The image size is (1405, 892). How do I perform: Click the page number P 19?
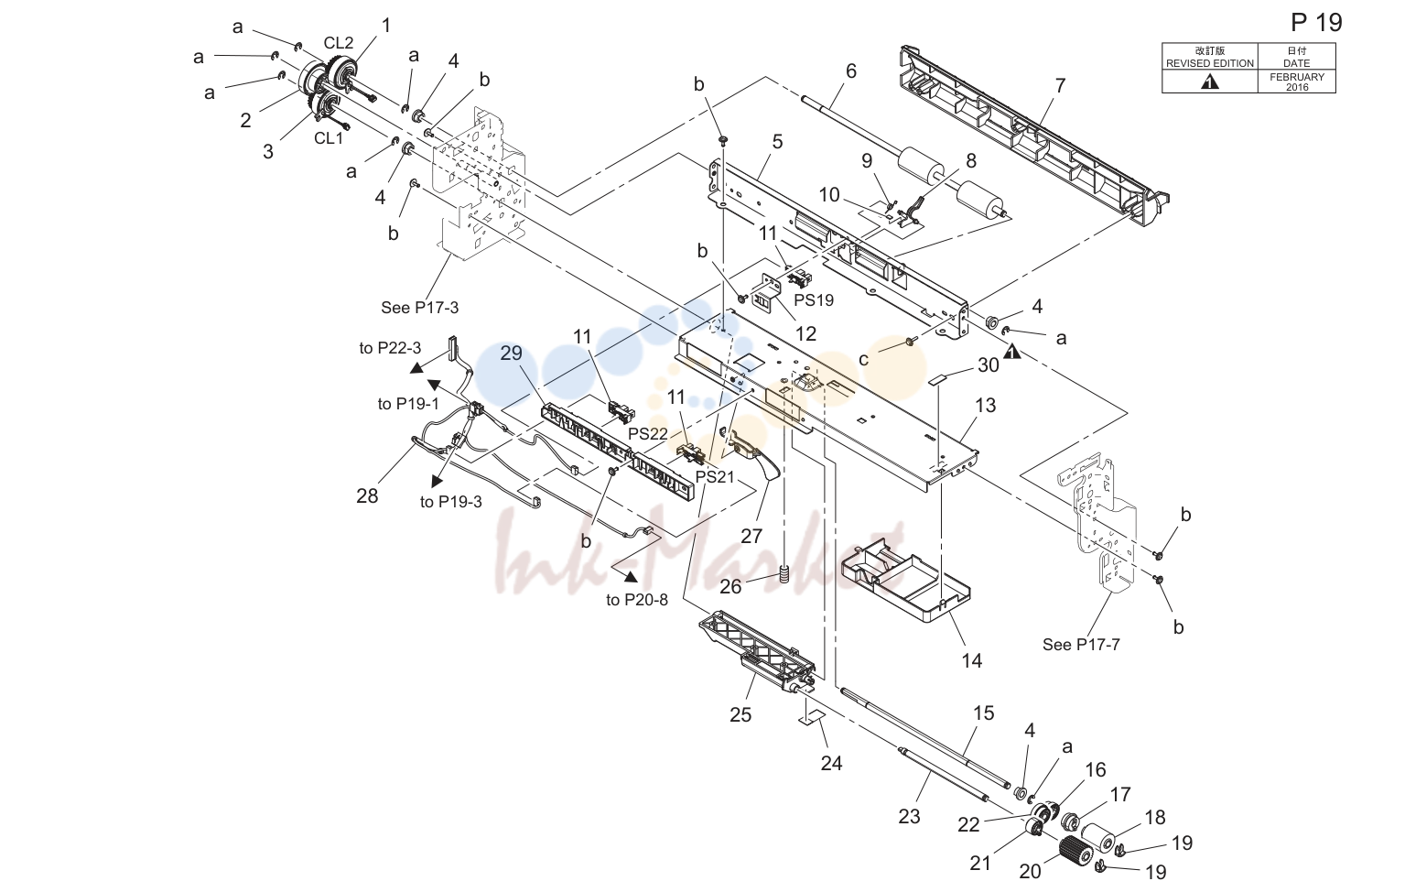[x=1316, y=23]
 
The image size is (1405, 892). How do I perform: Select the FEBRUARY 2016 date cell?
[x=1296, y=82]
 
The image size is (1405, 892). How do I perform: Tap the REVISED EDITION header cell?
[x=1209, y=57]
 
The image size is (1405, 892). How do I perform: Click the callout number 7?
[x=1060, y=85]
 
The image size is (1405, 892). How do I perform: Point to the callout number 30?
[x=988, y=364]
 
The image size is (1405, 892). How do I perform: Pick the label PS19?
[x=814, y=300]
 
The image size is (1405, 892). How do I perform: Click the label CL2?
[x=338, y=43]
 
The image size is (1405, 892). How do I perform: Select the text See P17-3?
[x=419, y=308]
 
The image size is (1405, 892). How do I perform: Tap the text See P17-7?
[x=1081, y=644]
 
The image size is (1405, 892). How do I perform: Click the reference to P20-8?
[x=637, y=600]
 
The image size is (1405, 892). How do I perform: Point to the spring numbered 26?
[x=783, y=573]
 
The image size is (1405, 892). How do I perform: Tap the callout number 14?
[x=971, y=660]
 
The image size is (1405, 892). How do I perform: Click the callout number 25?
[x=740, y=714]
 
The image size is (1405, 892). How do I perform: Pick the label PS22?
[x=648, y=434]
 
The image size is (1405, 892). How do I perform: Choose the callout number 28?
[x=367, y=495]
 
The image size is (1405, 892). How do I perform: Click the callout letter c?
[x=863, y=360]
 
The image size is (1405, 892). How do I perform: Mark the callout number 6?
[x=850, y=71]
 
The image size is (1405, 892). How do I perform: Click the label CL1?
[x=328, y=138]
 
